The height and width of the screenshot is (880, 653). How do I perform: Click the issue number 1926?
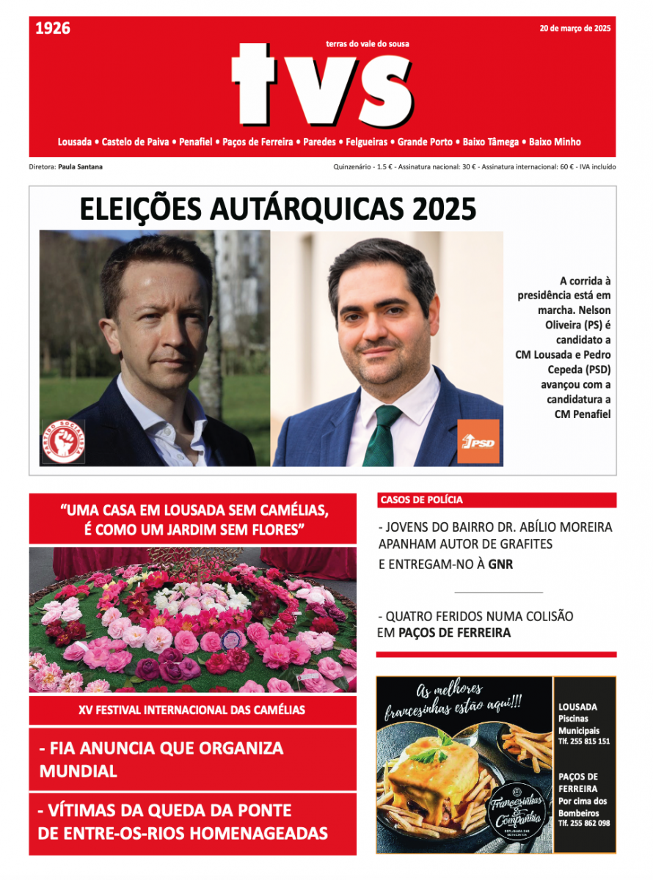[53, 29]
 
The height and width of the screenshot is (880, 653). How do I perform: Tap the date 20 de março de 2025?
[574, 29]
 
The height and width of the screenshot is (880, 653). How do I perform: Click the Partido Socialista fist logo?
[63, 441]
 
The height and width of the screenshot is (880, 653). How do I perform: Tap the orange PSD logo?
[478, 441]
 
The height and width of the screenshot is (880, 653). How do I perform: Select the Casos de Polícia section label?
[421, 500]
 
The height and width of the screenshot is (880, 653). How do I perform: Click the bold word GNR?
[500, 565]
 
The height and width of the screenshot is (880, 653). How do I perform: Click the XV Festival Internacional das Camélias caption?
[192, 710]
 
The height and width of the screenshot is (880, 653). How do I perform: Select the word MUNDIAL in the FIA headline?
[79, 771]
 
